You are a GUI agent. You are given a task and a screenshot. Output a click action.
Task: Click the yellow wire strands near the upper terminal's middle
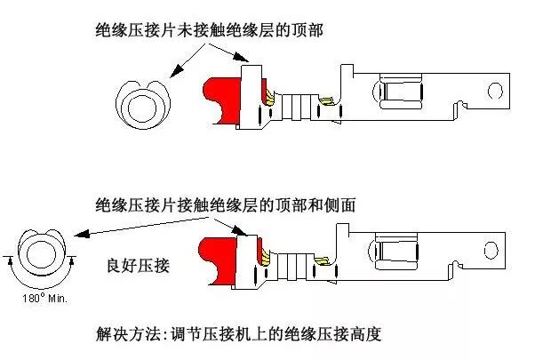coord(325,102)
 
